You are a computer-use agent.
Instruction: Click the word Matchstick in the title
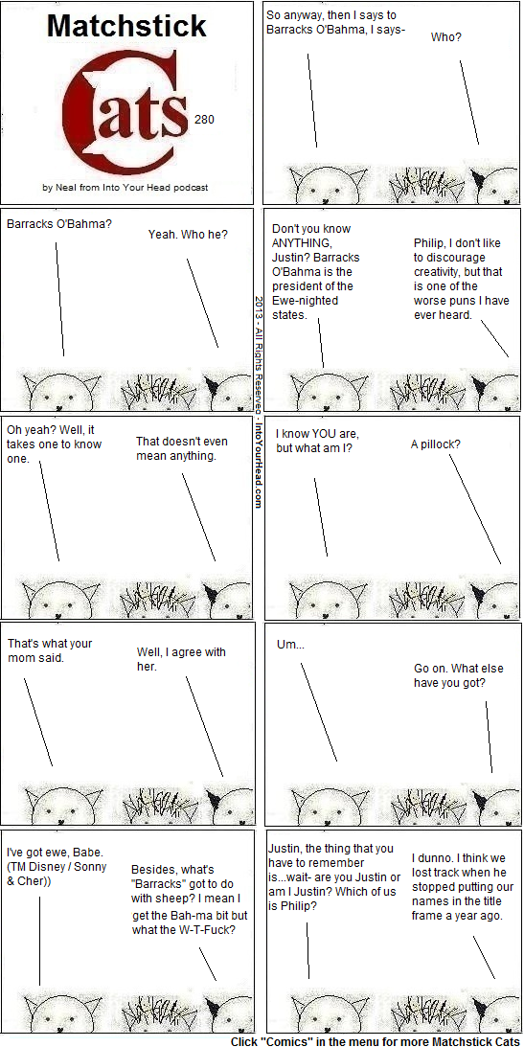126,27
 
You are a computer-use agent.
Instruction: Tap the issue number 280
204,120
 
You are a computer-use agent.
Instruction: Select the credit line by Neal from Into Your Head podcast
125,188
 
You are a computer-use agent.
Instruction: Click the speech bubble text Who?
445,37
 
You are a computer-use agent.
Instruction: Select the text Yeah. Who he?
188,235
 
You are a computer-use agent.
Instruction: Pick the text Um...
289,645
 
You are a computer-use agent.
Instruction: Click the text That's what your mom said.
50,650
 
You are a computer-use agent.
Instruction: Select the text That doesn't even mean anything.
182,448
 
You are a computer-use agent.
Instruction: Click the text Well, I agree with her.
182,659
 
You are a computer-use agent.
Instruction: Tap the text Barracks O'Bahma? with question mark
59,224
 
